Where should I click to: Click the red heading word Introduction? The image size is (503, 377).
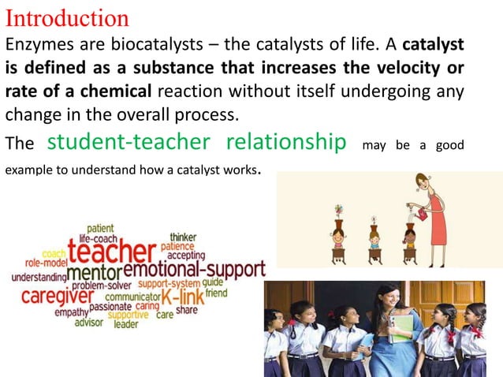[67, 17]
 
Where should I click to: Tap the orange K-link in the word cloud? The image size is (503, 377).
[182, 297]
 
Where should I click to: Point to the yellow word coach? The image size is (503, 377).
[54, 253]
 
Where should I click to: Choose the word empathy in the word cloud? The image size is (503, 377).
[71, 312]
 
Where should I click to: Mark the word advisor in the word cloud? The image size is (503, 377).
[88, 322]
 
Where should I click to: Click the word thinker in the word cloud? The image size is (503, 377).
[184, 235]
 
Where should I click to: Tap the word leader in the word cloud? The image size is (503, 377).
[126, 323]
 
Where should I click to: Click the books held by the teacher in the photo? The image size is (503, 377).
[401, 325]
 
